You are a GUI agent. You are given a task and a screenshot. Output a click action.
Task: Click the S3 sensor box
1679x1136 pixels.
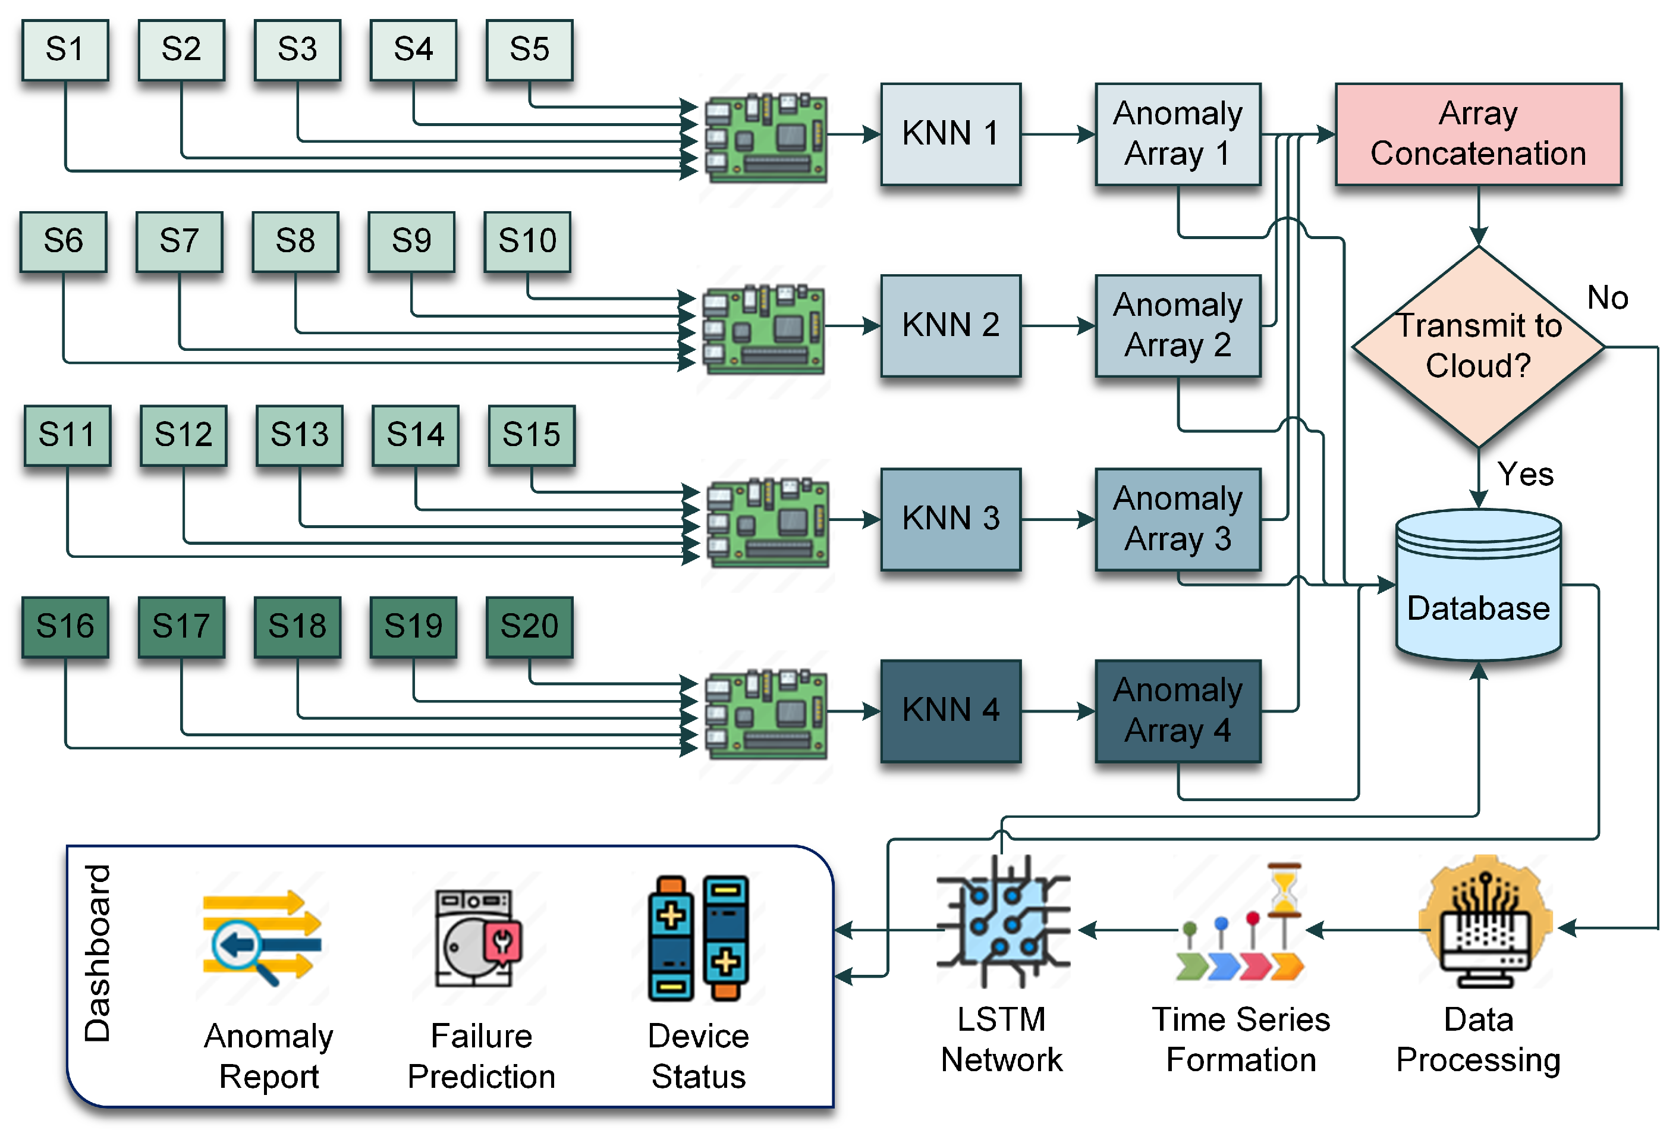pyautogui.click(x=297, y=50)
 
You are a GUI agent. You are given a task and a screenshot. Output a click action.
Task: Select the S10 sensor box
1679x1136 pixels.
pyautogui.click(x=527, y=241)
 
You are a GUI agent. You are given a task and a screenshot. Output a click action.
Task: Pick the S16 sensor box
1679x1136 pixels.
pyautogui.click(x=65, y=626)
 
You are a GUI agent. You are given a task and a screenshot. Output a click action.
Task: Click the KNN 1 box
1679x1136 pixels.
pyautogui.click(x=950, y=134)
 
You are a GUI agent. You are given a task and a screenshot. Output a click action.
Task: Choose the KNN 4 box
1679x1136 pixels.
pyautogui.click(x=950, y=710)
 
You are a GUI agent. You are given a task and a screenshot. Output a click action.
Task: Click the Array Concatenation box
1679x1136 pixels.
pyautogui.click(x=1477, y=134)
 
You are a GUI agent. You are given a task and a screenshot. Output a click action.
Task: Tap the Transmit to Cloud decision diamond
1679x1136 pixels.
pyautogui.click(x=1477, y=347)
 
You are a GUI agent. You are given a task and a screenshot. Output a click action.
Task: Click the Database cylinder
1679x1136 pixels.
pyautogui.click(x=1477, y=585)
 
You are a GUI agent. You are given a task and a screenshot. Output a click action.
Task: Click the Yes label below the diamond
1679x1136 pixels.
pyautogui.click(x=1524, y=475)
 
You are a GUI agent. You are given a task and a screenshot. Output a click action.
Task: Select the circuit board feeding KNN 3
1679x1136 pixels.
pyautogui.click(x=767, y=522)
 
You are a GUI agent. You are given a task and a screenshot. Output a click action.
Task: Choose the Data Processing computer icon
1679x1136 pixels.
pyautogui.click(x=1485, y=925)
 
